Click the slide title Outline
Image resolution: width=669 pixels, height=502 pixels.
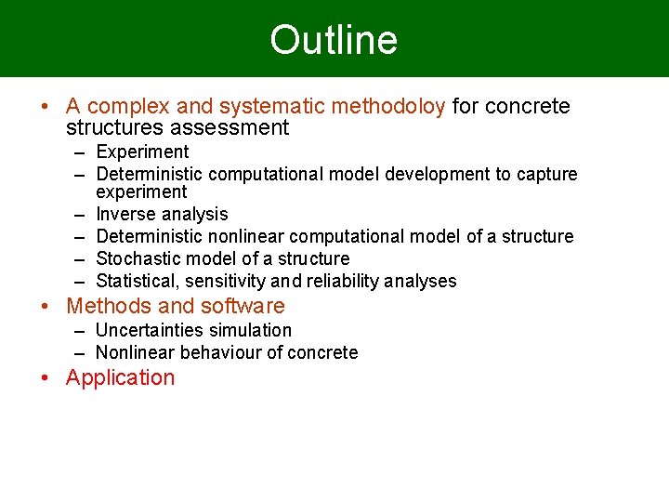[x=334, y=40]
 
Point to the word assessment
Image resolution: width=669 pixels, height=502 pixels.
[x=231, y=127]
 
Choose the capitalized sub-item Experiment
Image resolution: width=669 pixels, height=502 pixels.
[x=142, y=152]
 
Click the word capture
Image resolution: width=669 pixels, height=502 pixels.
[x=547, y=174]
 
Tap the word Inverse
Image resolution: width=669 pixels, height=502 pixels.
[x=125, y=215]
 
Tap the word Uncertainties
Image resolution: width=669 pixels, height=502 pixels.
[x=152, y=330]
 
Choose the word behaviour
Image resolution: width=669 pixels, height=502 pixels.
[x=216, y=352]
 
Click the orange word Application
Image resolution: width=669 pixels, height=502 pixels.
[x=120, y=377]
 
